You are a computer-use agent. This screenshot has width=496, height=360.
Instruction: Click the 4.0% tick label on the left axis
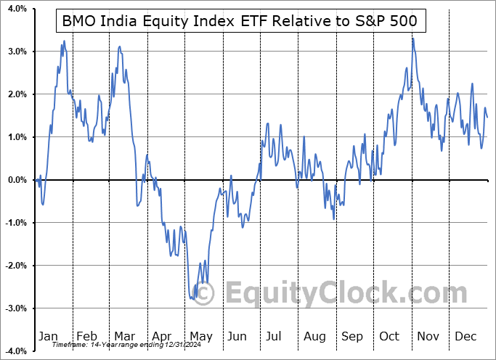(16, 9)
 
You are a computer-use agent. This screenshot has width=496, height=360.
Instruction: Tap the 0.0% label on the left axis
(16, 180)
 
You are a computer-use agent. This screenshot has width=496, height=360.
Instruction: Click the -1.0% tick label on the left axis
(15, 223)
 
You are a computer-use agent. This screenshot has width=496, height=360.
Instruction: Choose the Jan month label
(49, 337)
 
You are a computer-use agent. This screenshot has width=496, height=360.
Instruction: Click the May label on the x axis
(200, 337)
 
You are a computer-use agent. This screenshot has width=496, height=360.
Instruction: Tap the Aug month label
(315, 337)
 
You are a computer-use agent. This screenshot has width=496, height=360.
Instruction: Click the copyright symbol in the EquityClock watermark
(206, 294)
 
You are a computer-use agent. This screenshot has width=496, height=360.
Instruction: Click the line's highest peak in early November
(412, 38)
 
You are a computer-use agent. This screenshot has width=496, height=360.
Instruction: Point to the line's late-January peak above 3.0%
(64, 41)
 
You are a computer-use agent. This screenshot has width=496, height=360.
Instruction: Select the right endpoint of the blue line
(487, 117)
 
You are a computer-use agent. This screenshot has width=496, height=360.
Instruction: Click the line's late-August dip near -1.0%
(333, 218)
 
